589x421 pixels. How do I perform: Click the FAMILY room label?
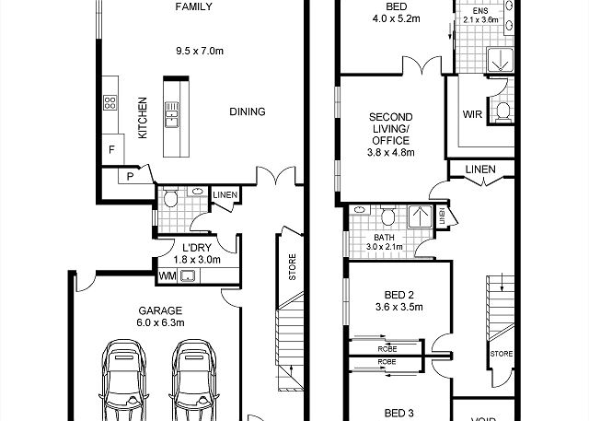(x=194, y=6)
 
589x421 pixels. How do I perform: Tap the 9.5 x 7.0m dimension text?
(x=200, y=51)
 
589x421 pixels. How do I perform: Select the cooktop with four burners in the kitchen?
(x=110, y=102)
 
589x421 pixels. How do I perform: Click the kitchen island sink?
(x=172, y=114)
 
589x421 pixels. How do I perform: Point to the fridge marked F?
(x=112, y=149)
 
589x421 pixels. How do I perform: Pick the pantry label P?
(x=130, y=176)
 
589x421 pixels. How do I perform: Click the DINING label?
(x=248, y=111)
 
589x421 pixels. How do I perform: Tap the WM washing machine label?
(x=167, y=276)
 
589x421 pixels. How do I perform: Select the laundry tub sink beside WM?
(x=188, y=276)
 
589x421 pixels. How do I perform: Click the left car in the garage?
(x=123, y=380)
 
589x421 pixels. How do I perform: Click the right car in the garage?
(x=194, y=380)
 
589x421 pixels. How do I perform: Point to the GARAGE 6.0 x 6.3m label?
(x=161, y=317)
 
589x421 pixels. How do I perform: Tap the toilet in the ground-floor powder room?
(x=170, y=197)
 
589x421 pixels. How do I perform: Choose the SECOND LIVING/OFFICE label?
(x=390, y=134)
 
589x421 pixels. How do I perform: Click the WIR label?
(x=472, y=114)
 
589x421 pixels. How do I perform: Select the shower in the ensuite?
(x=500, y=59)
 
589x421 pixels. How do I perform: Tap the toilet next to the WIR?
(x=503, y=111)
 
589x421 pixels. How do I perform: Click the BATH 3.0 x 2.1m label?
(x=385, y=242)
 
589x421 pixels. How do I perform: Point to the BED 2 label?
(x=398, y=295)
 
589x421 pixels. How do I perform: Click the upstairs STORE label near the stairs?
(x=502, y=354)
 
